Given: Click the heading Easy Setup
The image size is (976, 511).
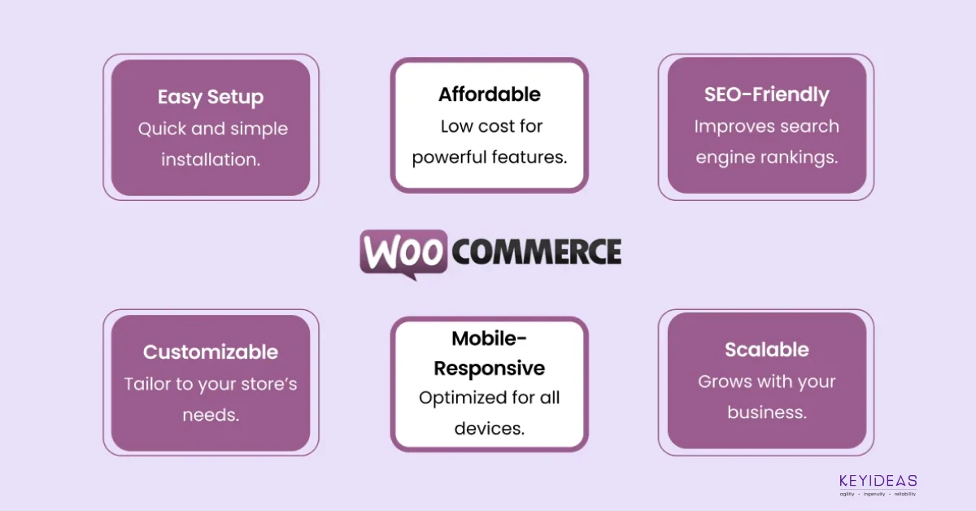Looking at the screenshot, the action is [x=211, y=97].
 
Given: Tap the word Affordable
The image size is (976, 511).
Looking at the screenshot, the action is [x=490, y=94].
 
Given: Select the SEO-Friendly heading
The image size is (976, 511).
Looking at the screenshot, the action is [x=766, y=94].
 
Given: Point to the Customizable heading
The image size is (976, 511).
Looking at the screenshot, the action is [x=211, y=352].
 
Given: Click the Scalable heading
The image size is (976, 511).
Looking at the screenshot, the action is [x=767, y=349].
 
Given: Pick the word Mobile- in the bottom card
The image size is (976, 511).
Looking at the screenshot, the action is [x=489, y=338].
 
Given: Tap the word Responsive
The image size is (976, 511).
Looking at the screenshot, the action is [x=489, y=369].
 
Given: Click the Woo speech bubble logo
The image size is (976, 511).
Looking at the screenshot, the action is [x=403, y=254].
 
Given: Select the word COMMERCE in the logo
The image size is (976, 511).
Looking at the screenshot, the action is [x=536, y=251].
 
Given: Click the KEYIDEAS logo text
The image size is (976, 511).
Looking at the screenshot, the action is [x=878, y=481].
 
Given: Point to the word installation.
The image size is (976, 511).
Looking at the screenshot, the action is [x=211, y=159].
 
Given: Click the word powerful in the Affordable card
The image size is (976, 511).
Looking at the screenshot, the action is [x=443, y=157].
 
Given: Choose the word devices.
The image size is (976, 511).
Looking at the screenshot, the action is [x=490, y=429].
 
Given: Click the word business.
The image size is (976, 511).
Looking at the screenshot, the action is [x=767, y=413].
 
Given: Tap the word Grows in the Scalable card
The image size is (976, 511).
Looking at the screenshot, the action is [x=725, y=382].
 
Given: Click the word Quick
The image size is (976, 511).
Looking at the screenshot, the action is [x=162, y=129].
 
